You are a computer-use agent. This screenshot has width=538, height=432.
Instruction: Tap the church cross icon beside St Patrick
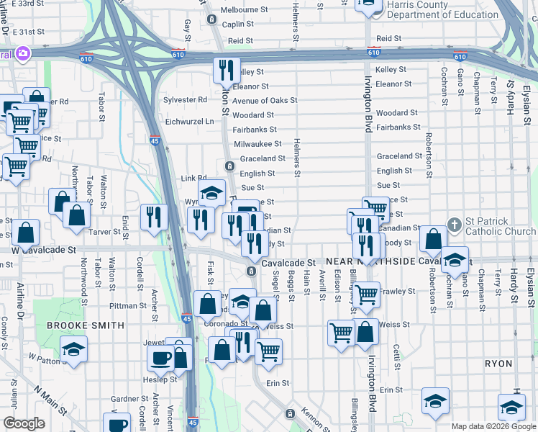tap(455, 225)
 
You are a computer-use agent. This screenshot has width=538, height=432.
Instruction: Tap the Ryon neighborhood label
tap(498, 364)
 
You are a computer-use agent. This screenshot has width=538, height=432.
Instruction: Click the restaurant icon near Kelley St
tap(226, 70)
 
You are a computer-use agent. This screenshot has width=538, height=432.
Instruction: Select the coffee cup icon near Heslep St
tap(160, 357)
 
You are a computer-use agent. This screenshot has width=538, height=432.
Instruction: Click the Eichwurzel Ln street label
tap(190, 122)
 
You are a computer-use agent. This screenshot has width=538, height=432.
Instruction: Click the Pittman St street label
tap(128, 305)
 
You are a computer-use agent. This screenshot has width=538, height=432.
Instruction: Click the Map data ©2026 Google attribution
tap(493, 426)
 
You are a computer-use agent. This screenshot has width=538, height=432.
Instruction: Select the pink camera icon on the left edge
tap(23, 53)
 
